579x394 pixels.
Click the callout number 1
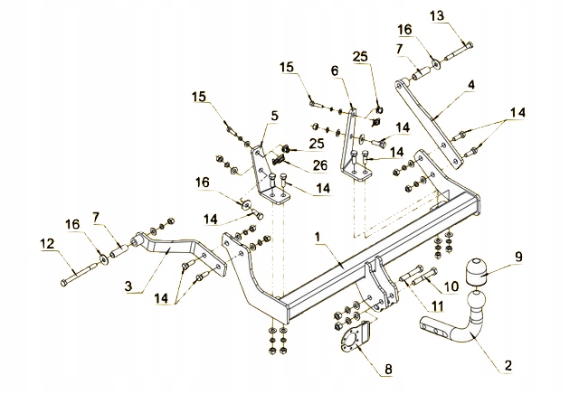click(x=318, y=237)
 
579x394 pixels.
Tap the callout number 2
click(x=508, y=366)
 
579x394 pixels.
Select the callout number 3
click(x=128, y=286)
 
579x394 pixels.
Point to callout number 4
click(x=470, y=85)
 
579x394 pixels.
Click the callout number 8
click(x=388, y=370)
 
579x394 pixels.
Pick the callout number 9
click(x=518, y=257)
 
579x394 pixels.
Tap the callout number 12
click(x=47, y=243)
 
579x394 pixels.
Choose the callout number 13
click(x=437, y=16)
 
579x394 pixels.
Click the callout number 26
click(x=320, y=165)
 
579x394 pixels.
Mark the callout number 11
click(x=437, y=305)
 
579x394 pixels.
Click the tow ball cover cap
click(x=476, y=272)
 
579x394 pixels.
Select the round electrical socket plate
click(x=349, y=339)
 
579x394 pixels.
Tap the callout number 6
click(x=335, y=70)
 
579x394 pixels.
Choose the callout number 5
click(x=274, y=116)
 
